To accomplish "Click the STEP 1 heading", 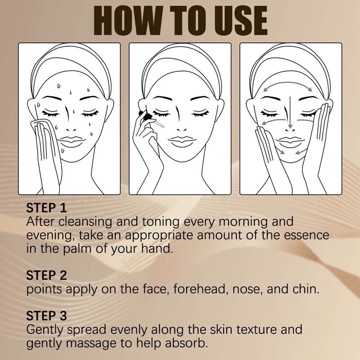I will [x=47, y=208].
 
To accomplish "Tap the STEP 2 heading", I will [x=47, y=275].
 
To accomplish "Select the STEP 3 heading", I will [x=47, y=315].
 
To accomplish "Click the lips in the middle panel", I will [x=180, y=140].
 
